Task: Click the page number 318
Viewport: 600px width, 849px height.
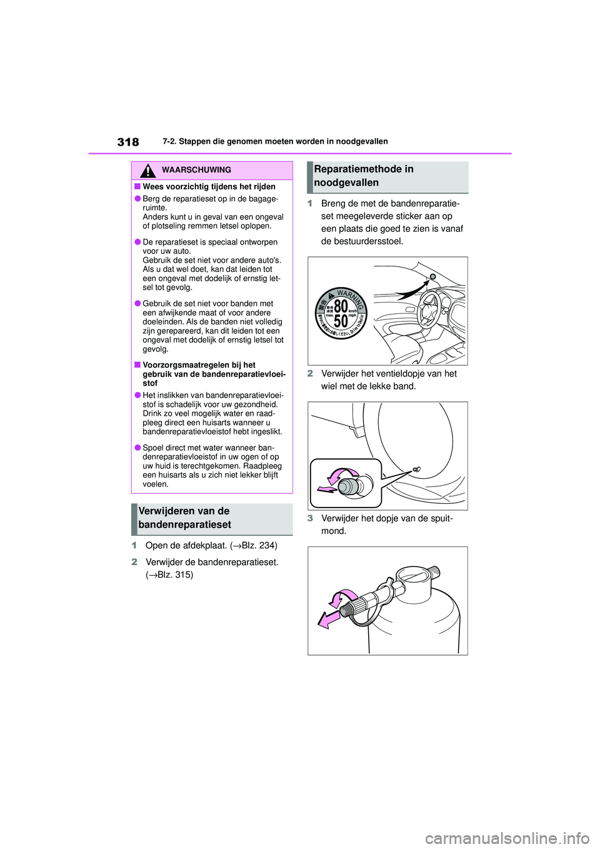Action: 128,142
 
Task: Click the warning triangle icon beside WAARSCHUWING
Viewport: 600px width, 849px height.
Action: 147,170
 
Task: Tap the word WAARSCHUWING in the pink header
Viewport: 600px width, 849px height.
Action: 196,170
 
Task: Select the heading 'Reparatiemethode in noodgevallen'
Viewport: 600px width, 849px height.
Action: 364,176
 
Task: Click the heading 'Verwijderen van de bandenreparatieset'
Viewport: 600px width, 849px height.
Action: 185,518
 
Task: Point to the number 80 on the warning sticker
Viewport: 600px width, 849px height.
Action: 341,306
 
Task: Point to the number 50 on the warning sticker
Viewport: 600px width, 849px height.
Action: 341,321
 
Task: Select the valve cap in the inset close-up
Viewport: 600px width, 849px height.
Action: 347,486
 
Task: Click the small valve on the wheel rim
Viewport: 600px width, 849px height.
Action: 417,469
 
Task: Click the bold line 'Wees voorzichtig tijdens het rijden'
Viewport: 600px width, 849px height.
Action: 209,187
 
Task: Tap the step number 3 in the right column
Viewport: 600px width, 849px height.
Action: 310,518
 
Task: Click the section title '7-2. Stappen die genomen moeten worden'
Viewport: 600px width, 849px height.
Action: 275,142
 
